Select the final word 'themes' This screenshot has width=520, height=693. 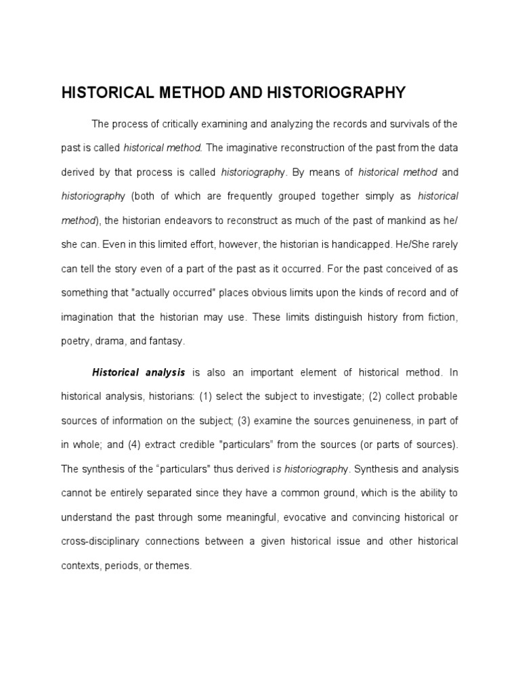pyautogui.click(x=176, y=566)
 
